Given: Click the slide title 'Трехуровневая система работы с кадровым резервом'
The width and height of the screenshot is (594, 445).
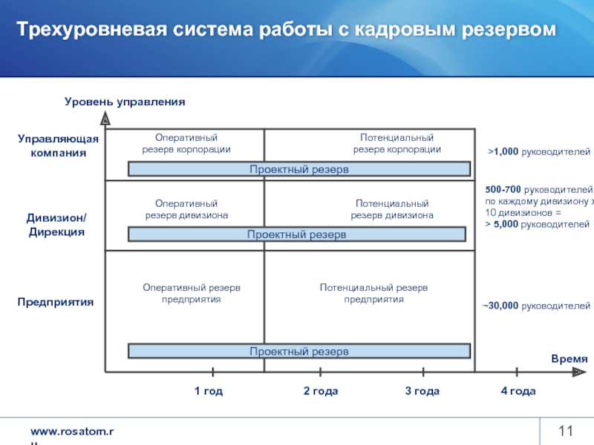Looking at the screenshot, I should click(287, 30).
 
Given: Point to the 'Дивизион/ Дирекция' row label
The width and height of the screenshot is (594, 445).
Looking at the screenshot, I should click(56, 225).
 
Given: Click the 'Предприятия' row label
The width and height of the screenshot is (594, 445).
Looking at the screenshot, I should click(56, 303).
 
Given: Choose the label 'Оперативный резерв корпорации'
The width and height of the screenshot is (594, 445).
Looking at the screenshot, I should click(186, 144).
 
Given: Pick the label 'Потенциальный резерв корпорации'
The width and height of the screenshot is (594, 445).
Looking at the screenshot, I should click(396, 144).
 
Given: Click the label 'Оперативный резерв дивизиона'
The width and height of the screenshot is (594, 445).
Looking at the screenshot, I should click(186, 209).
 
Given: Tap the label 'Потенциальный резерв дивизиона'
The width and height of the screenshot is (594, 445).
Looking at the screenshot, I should click(392, 209).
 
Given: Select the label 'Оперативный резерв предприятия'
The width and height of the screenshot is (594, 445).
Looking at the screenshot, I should click(192, 293).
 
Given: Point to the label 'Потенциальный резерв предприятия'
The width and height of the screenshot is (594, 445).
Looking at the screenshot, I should click(373, 293).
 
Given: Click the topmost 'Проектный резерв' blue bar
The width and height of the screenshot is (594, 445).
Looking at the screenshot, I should click(299, 170).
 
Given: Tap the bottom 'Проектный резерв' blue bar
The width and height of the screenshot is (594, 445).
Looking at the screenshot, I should click(299, 351).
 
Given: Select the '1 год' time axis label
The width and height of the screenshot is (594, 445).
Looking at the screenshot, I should click(209, 391).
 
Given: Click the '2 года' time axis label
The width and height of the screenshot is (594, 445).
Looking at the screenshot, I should click(321, 391).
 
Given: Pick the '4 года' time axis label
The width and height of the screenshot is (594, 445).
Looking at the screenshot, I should click(518, 391).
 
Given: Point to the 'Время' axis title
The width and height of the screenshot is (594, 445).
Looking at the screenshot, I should click(569, 359).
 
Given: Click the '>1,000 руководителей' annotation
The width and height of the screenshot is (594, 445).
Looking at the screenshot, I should click(539, 152).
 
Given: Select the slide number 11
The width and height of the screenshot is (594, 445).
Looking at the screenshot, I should click(567, 432).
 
